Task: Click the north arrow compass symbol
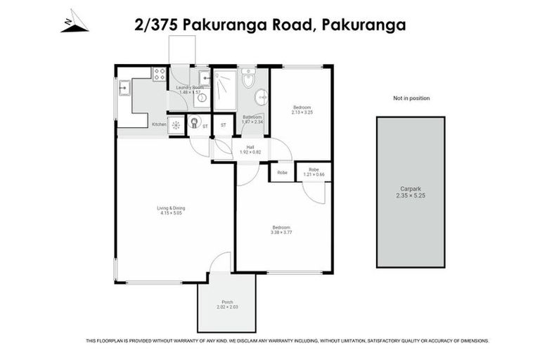point(74,22)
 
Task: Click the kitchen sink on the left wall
point(124,88)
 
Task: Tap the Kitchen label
point(159,125)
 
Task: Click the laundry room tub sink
point(202,77)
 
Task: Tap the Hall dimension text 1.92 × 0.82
point(250,153)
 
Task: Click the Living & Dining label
point(171,207)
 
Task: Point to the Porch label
point(227,302)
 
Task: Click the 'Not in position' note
point(411,98)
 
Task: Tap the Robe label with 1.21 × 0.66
point(314,169)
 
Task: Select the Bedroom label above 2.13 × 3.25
point(302,107)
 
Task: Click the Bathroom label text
point(252,117)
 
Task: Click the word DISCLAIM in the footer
point(257,341)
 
